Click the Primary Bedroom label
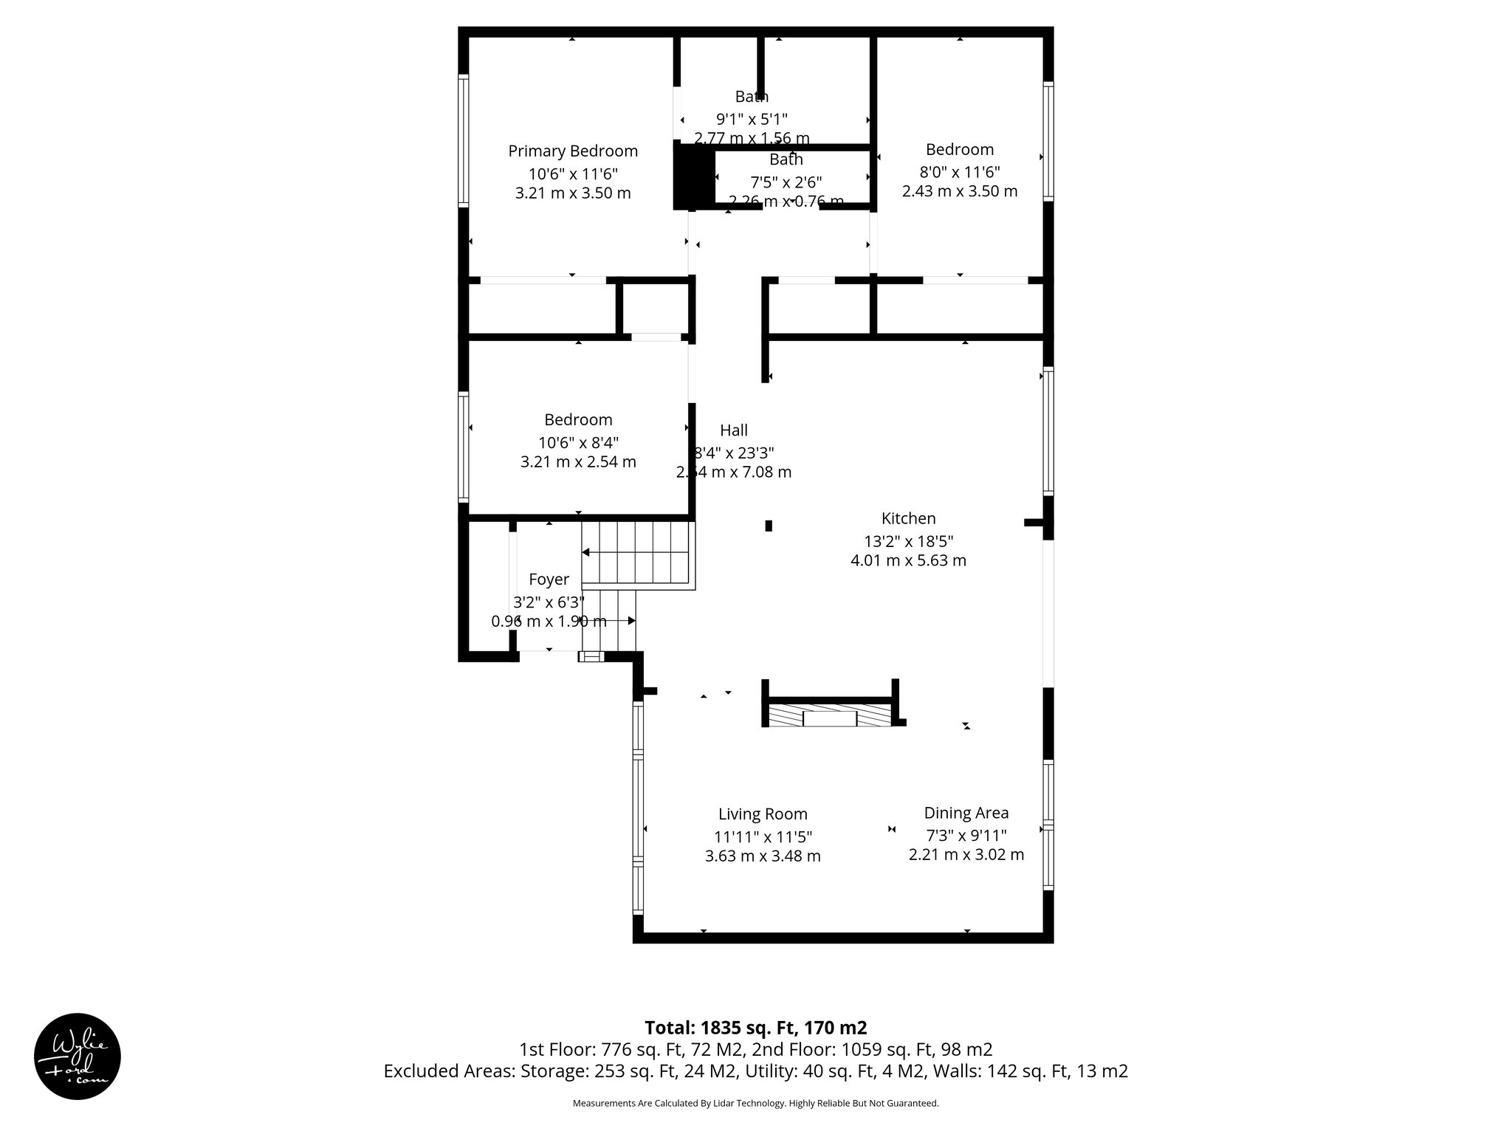[573, 151]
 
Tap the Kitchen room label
[908, 518]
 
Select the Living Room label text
[763, 814]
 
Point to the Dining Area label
[966, 813]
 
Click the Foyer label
[549, 580]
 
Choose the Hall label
[734, 430]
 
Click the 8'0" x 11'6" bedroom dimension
[960, 172]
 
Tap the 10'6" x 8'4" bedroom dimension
[578, 443]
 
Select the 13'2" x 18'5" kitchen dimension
[908, 541]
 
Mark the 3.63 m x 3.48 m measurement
[763, 856]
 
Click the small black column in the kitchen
[769, 526]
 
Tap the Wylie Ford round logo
[78, 1056]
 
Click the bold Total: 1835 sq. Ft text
[755, 1028]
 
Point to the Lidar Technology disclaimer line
[755, 1103]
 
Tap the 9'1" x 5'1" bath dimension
[752, 119]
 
